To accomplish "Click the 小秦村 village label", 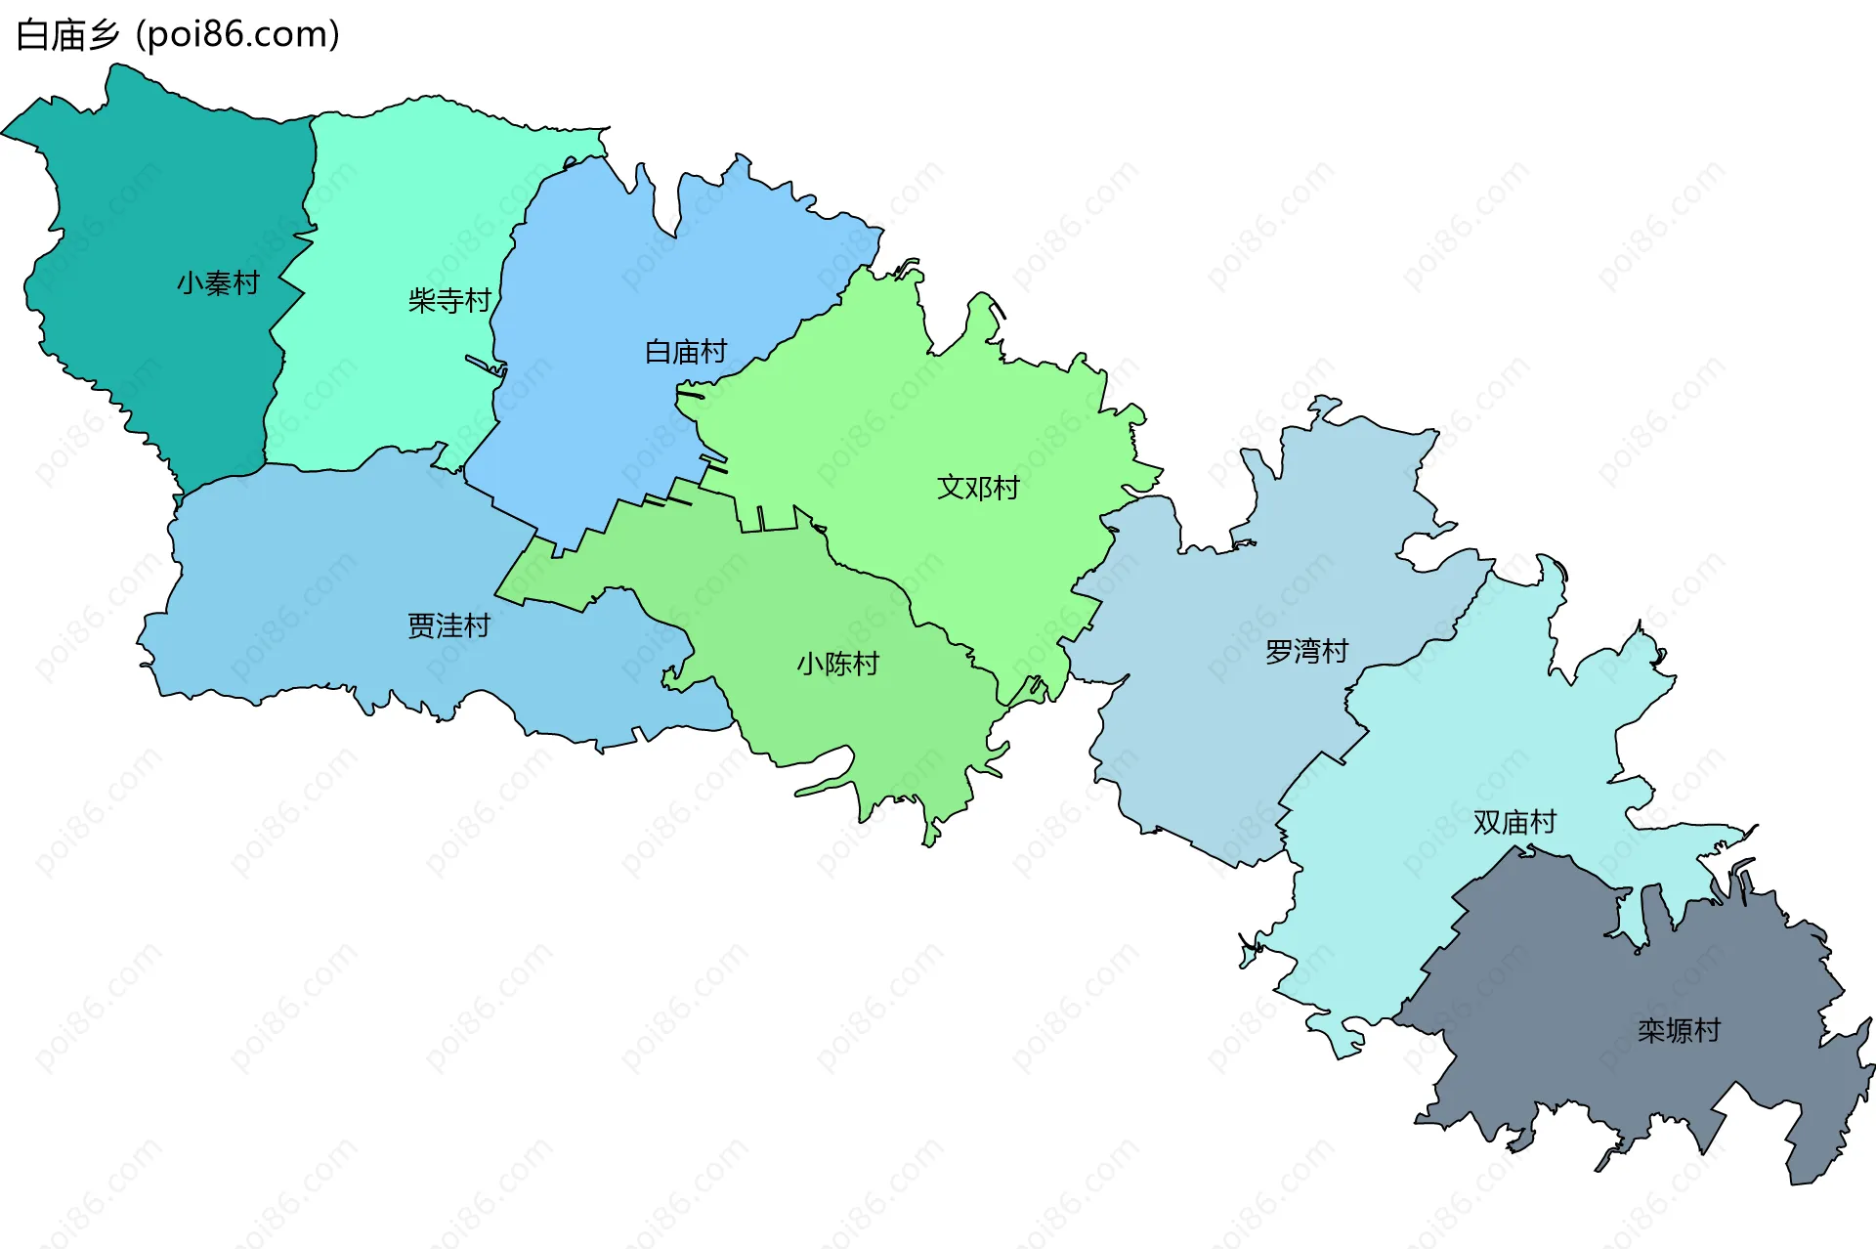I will point(218,283).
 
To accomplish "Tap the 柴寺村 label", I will point(449,300).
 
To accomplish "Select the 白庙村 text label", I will point(686,352).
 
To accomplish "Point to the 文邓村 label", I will point(978,488).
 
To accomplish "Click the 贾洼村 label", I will point(448,625).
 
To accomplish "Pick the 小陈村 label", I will point(837,665).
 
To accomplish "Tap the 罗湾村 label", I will point(1306,651).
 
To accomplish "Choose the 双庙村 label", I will point(1514,822).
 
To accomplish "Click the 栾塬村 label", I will point(1679,1030).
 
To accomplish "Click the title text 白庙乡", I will point(67,35).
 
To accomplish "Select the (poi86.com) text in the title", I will point(237,35).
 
